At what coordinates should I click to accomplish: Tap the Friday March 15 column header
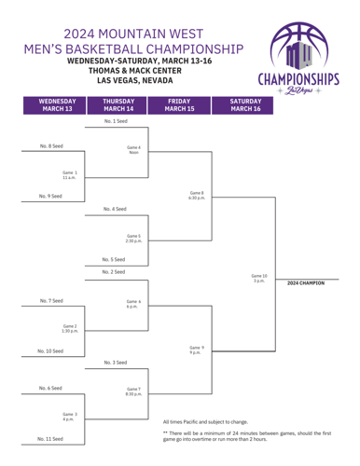(181, 103)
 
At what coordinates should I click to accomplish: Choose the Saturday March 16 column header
(244, 103)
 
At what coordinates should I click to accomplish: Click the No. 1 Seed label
(117, 121)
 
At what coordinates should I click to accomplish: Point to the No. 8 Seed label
(51, 146)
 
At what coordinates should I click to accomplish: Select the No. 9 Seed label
(51, 197)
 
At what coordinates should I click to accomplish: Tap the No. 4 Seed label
(117, 209)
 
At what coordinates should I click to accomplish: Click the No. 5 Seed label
(117, 259)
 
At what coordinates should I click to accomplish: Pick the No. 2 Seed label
(117, 272)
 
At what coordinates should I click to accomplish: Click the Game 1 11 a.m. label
(70, 174)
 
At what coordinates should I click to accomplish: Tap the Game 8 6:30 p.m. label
(197, 194)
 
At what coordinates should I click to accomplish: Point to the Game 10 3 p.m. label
(259, 278)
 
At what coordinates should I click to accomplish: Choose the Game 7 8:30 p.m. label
(133, 391)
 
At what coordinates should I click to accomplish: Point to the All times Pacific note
(205, 422)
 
